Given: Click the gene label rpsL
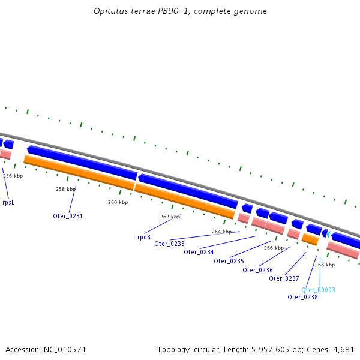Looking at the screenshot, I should (x=8, y=203).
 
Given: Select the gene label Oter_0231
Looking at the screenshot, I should (x=68, y=216).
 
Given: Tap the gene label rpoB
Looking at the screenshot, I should (x=144, y=237).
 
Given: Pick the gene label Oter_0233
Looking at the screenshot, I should (x=169, y=244).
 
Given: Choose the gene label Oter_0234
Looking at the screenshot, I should (x=199, y=252).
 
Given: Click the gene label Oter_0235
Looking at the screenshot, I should (x=229, y=261).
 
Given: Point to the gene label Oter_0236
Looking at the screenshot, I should (x=257, y=270).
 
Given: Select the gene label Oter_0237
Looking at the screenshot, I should (x=284, y=278).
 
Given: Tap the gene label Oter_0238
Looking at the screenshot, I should (x=302, y=297).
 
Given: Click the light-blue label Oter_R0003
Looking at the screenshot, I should (x=318, y=290).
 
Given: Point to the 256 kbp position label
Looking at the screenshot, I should (x=13, y=176).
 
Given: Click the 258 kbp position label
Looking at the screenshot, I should (x=65, y=189).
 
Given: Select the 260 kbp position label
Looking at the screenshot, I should (x=118, y=202).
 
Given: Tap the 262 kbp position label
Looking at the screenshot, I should (x=170, y=217).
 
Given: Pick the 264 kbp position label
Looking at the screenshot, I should (x=221, y=232).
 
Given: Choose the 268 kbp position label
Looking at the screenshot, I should (x=325, y=265).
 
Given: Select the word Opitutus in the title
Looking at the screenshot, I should (x=110, y=11).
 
